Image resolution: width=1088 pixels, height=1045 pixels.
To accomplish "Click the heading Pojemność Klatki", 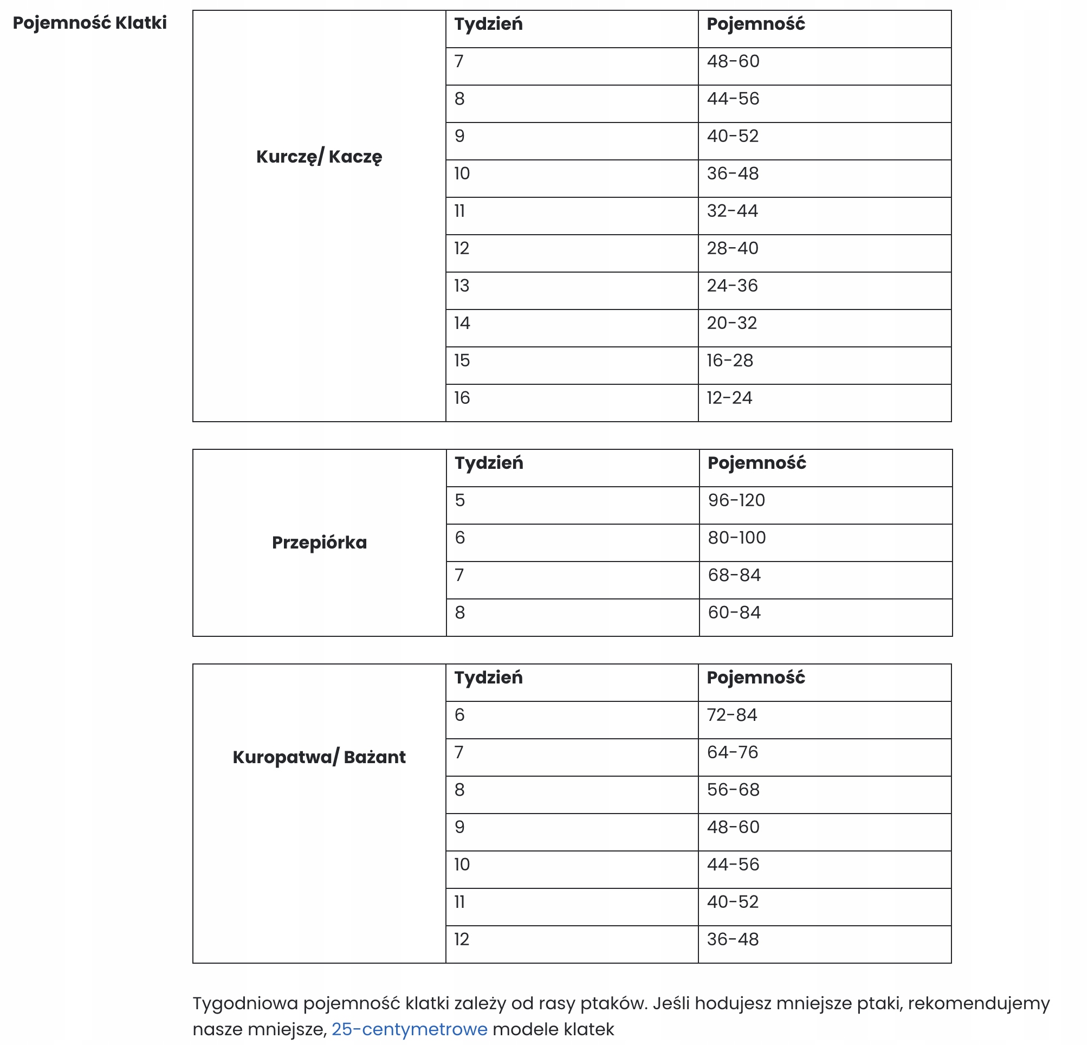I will (x=90, y=23).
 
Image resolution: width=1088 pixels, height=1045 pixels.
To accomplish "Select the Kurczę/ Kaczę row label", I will (x=319, y=157).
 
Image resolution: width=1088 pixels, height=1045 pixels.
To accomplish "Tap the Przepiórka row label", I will (x=319, y=543).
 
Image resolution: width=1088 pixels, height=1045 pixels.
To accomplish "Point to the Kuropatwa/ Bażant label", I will (x=319, y=757).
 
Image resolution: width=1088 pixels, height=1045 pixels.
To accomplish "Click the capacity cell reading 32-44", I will (x=732, y=211).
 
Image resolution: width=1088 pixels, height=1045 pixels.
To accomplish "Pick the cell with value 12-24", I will (x=729, y=398).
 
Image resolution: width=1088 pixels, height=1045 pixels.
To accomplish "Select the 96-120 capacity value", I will (x=736, y=500).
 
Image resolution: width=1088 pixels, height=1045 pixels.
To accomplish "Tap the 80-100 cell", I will (x=736, y=538).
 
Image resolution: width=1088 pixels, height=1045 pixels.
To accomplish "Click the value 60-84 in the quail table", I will (x=734, y=612).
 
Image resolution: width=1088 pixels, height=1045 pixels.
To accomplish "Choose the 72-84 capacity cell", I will (x=731, y=715).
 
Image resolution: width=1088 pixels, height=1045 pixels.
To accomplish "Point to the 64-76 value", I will (x=732, y=752).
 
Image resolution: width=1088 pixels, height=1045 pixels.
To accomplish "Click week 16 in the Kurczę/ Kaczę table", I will (x=462, y=398).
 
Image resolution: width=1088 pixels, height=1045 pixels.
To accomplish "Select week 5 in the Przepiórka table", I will (x=459, y=500).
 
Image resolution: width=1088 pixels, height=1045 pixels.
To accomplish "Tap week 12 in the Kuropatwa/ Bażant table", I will (x=462, y=939).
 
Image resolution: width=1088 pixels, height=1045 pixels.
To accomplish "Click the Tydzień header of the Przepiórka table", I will (x=489, y=463).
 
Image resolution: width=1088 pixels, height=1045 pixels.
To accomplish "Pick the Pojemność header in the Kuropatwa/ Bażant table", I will (x=755, y=678).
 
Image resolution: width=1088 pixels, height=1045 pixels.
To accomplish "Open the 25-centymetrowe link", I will (x=409, y=1029).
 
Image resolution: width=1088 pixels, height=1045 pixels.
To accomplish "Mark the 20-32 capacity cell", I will (x=731, y=323).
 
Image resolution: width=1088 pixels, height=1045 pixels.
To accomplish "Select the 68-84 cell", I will (x=734, y=575).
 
